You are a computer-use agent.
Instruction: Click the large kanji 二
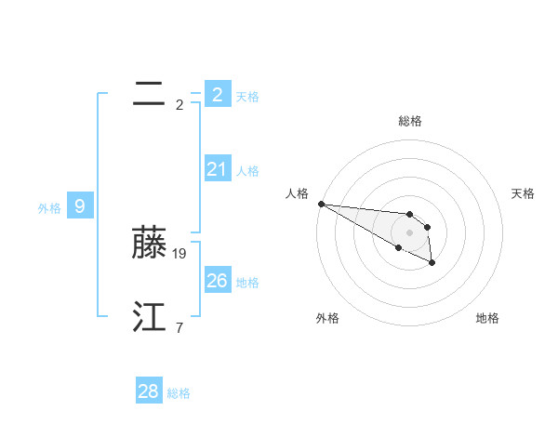pos(149,94)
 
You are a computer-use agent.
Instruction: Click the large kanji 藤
pos(149,243)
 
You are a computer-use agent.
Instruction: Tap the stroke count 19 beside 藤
pos(180,253)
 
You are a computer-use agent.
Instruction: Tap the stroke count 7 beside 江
pos(179,327)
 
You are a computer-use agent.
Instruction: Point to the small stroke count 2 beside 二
pos(179,104)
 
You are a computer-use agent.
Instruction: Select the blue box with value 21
pos(218,169)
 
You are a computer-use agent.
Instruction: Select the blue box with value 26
pos(218,281)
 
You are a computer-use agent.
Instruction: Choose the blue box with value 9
pos(80,206)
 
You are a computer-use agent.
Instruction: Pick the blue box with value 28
pos(149,391)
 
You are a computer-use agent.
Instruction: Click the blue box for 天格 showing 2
pos(218,94)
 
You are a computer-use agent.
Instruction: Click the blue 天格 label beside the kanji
pos(247,96)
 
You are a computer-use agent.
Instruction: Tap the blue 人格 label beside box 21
pos(247,171)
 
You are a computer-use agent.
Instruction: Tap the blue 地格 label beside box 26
pos(247,283)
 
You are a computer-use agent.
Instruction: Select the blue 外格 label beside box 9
pos(49,208)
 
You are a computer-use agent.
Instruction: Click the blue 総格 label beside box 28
pos(179,393)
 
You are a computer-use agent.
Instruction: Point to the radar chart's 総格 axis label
pos(410,121)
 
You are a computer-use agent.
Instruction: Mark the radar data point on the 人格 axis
pos(321,204)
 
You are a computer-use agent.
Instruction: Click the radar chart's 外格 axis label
pos(327,318)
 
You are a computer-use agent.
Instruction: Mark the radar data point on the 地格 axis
pos(432,264)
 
